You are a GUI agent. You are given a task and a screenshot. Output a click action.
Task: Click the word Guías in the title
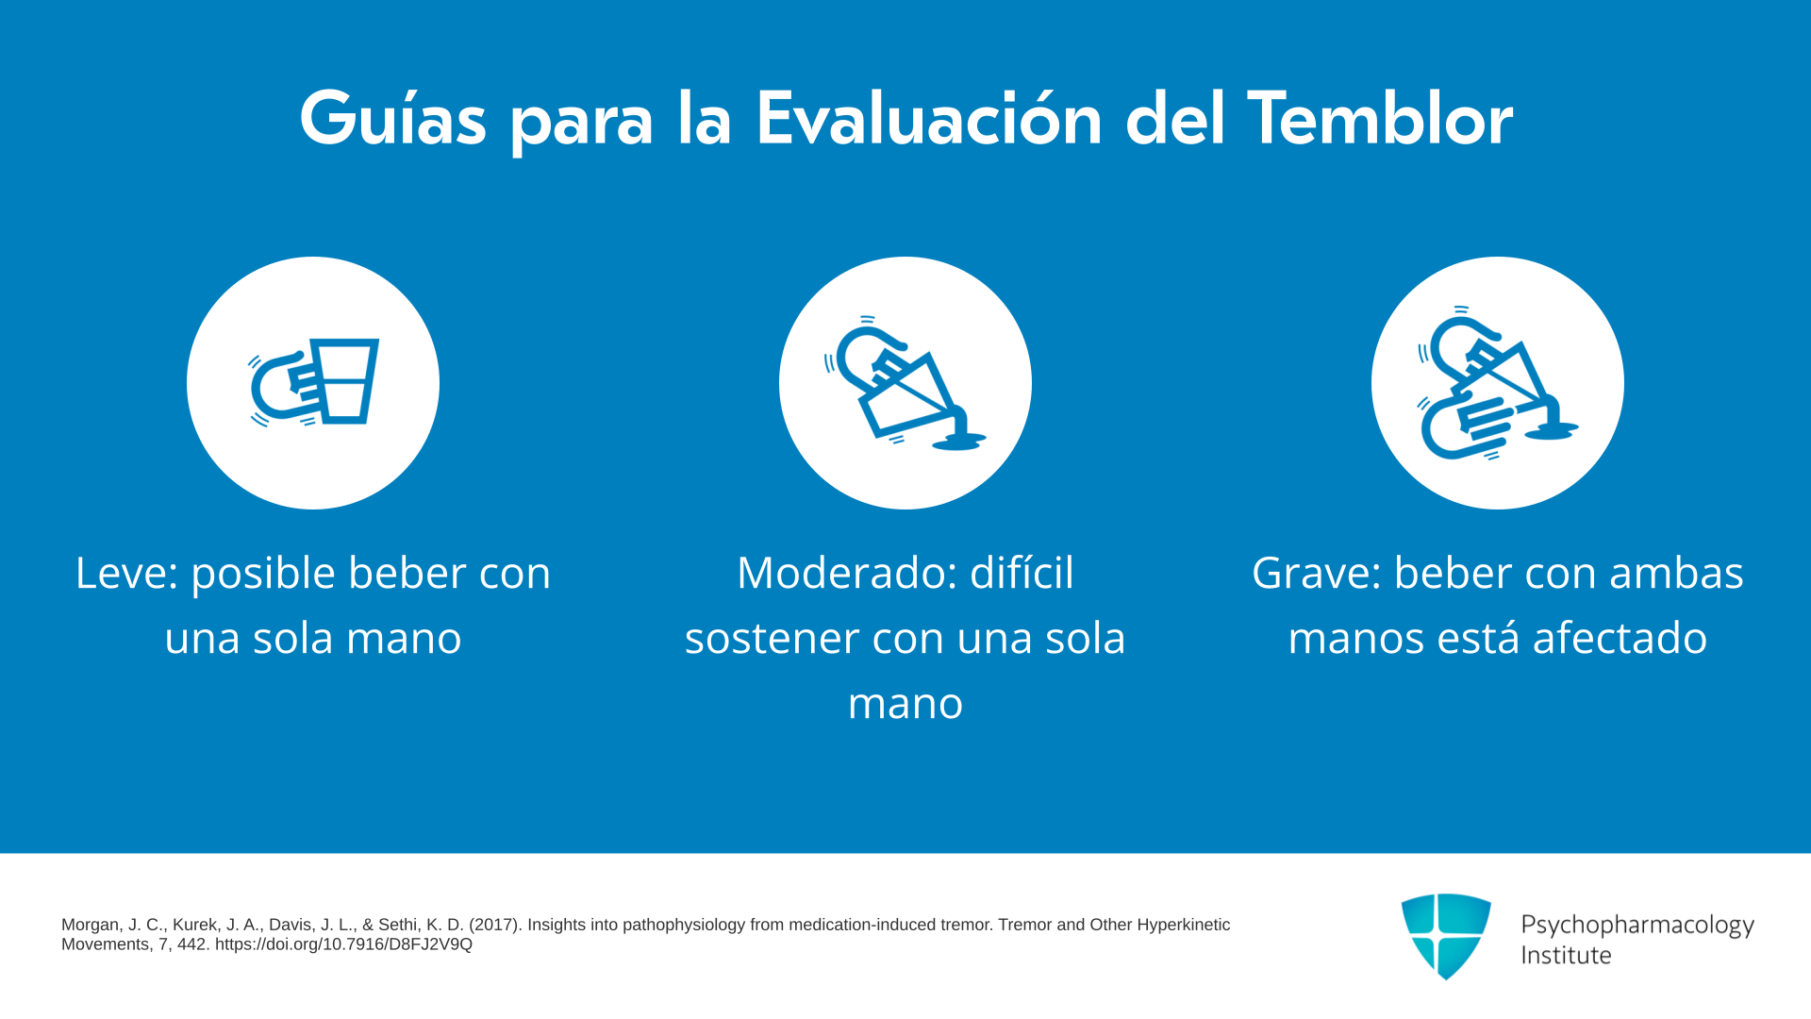click(x=392, y=119)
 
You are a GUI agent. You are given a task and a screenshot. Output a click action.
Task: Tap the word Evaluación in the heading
click(x=929, y=119)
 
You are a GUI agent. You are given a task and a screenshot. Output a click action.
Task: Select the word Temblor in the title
click(x=1380, y=119)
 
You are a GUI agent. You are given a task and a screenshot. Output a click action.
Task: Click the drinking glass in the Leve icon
click(x=345, y=380)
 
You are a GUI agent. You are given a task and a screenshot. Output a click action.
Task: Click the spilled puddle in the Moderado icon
click(x=958, y=441)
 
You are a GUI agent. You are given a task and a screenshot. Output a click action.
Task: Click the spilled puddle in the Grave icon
click(x=1551, y=430)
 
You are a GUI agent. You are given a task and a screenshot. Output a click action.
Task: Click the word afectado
click(x=1620, y=638)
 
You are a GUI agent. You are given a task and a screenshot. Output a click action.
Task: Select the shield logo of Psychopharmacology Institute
click(x=1446, y=936)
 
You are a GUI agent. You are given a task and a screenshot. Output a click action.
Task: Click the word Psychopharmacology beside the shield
click(x=1637, y=925)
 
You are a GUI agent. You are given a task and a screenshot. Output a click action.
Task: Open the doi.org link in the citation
click(x=343, y=944)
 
